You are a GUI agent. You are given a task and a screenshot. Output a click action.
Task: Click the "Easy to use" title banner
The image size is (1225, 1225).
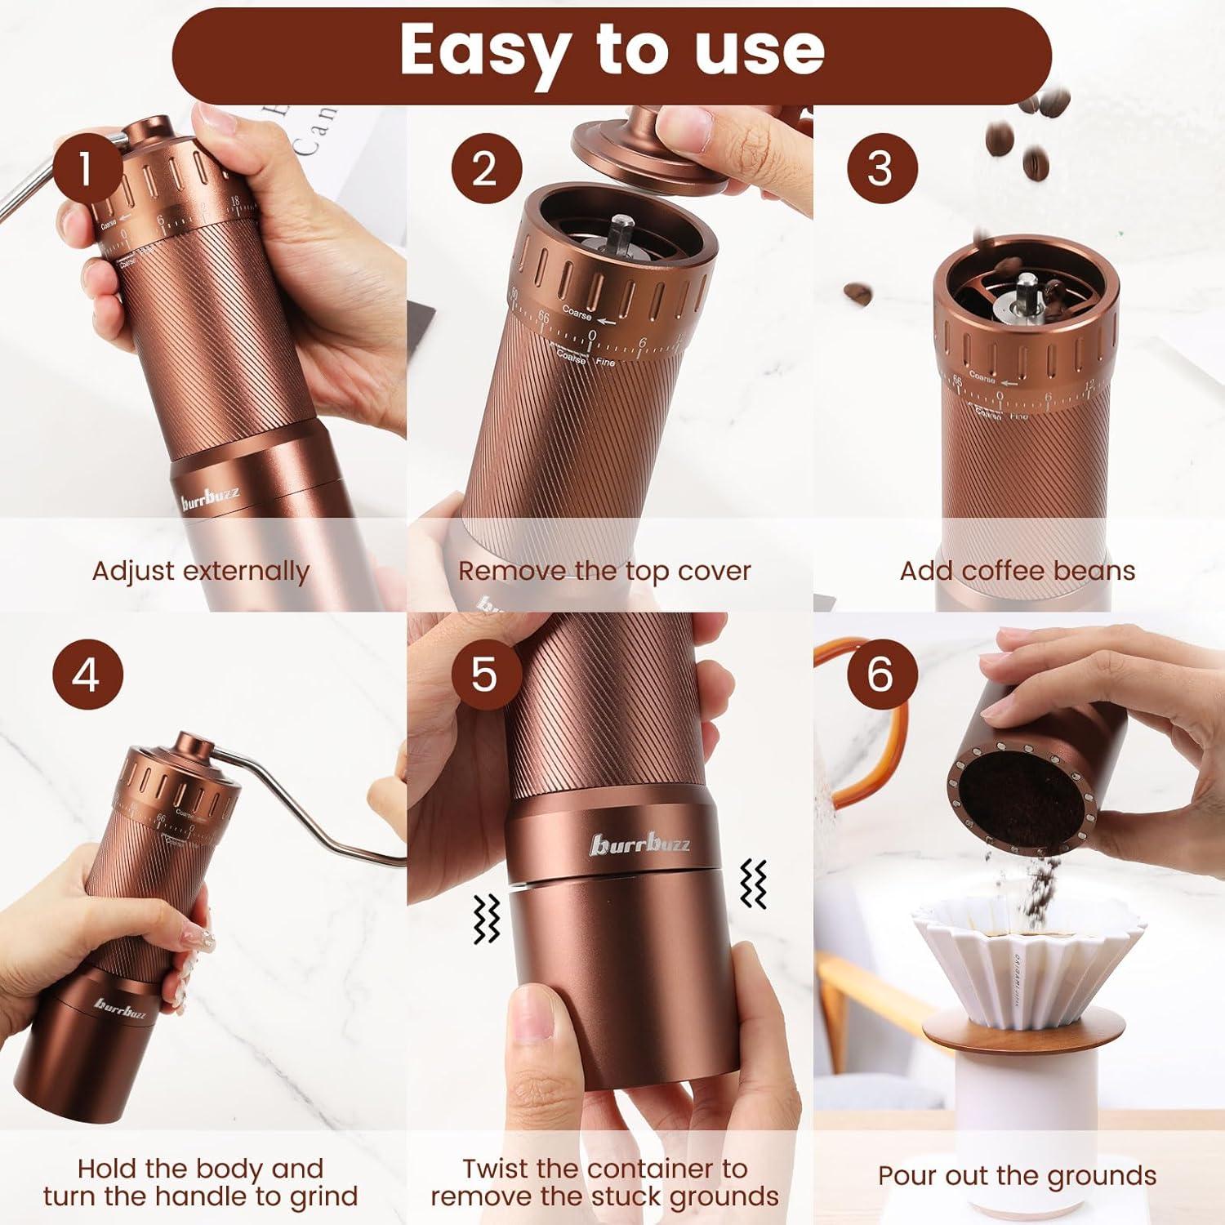612,51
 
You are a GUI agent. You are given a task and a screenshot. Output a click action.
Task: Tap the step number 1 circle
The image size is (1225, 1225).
87,169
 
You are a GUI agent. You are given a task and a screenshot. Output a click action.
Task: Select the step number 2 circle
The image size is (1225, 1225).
486,169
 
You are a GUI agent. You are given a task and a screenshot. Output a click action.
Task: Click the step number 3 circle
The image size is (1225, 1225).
881,169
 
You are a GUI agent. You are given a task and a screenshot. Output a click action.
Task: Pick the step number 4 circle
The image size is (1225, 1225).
87,676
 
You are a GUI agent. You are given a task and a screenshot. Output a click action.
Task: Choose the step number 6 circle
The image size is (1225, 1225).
881,676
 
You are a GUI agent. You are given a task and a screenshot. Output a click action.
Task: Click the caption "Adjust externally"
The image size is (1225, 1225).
201,571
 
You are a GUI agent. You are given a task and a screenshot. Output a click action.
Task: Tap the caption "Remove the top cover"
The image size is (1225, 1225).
604,571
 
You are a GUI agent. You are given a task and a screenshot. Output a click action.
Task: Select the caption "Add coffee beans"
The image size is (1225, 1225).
1018,571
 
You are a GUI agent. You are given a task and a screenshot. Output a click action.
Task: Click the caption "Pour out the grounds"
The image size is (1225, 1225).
1018,1176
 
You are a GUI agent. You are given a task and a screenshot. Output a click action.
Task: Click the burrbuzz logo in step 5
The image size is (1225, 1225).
640,845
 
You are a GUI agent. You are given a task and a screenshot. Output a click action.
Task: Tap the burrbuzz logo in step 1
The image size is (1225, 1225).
211,497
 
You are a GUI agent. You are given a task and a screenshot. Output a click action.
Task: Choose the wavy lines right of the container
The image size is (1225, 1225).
753,884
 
